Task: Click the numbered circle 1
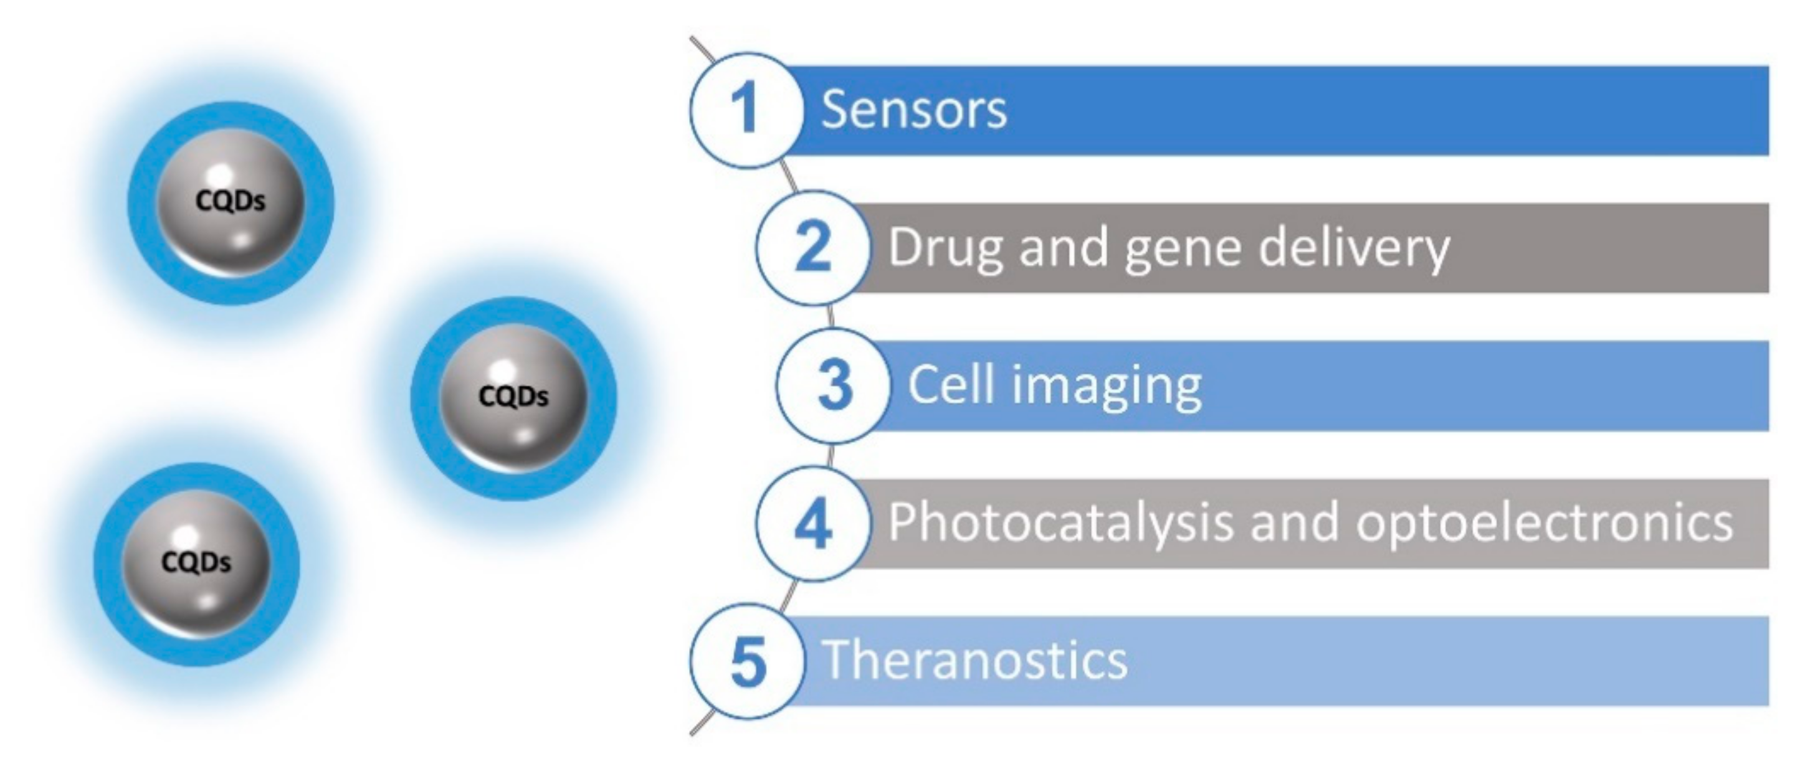pos(746,110)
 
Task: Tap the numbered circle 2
pos(812,247)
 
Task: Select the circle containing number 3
pos(834,385)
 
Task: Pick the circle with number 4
pos(812,523)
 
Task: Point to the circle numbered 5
pos(747,661)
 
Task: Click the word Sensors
pos(913,110)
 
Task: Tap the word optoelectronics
pos(1545,523)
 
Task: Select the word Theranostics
pos(976,660)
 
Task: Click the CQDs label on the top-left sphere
pos(231,201)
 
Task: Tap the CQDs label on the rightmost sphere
pos(513,396)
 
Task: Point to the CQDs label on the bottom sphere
pos(196,562)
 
